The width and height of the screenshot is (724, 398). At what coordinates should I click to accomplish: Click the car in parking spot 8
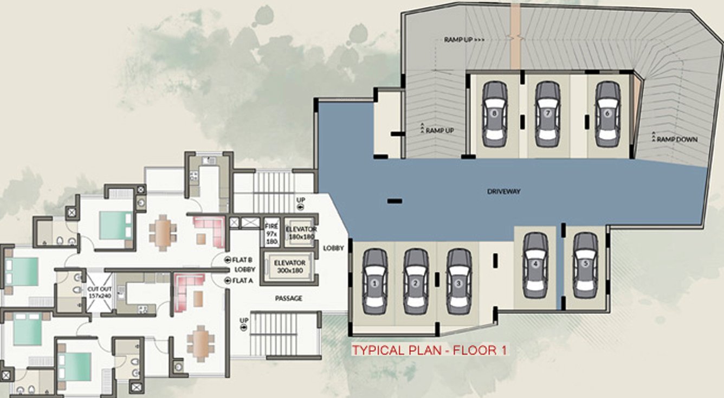point(494,114)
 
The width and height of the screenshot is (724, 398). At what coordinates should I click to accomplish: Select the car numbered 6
point(607,114)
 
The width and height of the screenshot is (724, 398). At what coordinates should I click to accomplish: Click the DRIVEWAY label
point(503,191)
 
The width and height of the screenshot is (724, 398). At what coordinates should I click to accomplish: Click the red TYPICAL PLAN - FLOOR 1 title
point(430,350)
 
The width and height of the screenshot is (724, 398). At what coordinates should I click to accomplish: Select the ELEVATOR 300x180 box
point(289,266)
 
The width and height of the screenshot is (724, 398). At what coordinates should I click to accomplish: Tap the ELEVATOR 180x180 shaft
point(301,233)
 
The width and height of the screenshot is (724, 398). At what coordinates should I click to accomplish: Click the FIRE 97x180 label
point(271,234)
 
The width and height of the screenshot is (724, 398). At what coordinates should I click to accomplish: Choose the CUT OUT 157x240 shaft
point(100,292)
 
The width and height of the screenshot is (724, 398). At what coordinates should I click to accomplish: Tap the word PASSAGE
point(289,298)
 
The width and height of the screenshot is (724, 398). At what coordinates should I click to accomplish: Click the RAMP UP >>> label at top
point(464,40)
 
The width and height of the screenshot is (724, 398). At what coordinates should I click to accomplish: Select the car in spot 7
point(548,114)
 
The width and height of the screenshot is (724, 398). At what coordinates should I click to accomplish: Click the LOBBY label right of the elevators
point(333,248)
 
